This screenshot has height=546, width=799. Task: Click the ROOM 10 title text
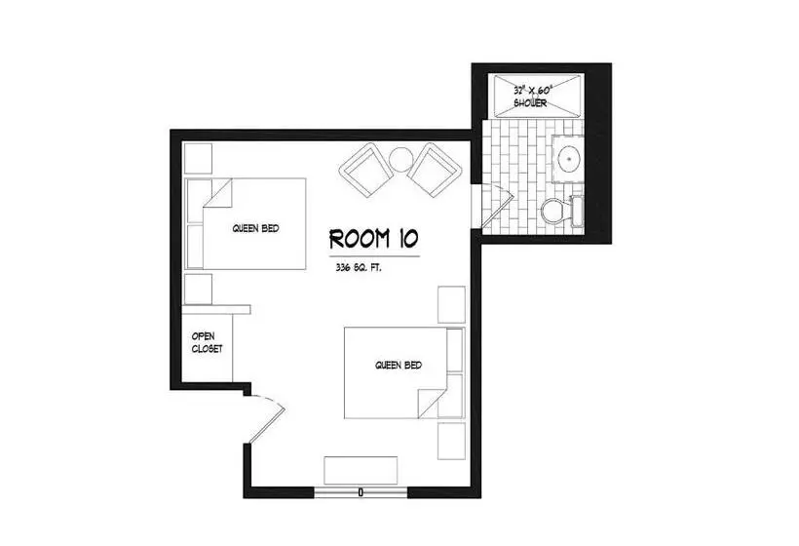(x=374, y=239)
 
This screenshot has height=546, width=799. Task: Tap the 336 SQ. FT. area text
(x=359, y=268)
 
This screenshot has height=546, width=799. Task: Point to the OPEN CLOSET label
(x=207, y=342)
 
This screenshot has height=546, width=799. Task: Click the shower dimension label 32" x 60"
(x=532, y=91)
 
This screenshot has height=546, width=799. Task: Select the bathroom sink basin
(x=569, y=159)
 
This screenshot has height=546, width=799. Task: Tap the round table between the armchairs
(x=401, y=160)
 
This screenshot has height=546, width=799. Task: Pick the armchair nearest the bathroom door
(x=435, y=170)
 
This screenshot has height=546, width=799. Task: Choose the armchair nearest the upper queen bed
(x=366, y=171)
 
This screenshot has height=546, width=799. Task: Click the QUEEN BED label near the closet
(x=256, y=229)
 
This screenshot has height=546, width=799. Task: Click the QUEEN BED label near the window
(x=399, y=366)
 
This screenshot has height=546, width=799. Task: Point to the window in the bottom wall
(x=361, y=492)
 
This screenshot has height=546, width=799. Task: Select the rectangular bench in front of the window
(x=361, y=470)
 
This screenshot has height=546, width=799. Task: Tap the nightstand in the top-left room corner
(x=198, y=159)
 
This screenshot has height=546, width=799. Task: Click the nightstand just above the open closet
(x=198, y=290)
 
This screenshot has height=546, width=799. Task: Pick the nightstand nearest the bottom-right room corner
(x=451, y=441)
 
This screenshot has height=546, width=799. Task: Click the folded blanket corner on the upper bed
(x=218, y=193)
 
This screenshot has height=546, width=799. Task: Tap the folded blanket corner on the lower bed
(x=432, y=404)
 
